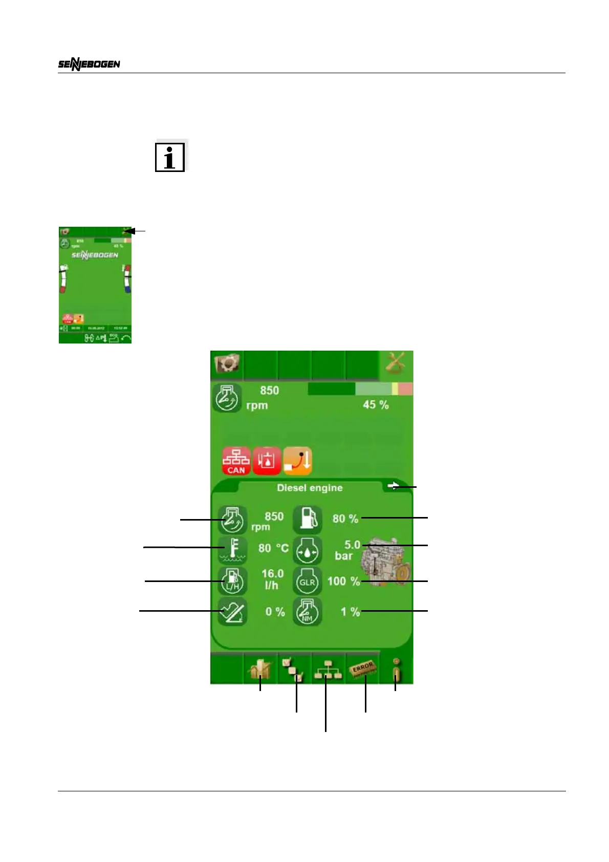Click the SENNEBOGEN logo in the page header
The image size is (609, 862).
pos(89,64)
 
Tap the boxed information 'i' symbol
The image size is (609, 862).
pos(170,157)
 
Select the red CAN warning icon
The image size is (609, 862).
pos(236,461)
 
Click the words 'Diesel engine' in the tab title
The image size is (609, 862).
pos(310,488)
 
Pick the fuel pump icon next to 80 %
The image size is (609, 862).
pos(307,520)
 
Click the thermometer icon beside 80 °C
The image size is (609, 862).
pos(233,550)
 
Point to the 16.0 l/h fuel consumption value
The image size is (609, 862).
pos(272,579)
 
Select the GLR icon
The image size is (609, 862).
pos(307,581)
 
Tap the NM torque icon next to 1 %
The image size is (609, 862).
pos(307,612)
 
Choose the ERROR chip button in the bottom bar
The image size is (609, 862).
pos(363,669)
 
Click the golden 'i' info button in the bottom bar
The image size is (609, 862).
pos(396,670)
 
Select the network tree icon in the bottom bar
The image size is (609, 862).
pos(328,670)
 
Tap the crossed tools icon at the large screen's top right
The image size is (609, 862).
pos(396,364)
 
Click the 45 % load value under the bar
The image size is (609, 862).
pos(376,405)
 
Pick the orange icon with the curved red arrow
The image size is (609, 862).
pos(298,461)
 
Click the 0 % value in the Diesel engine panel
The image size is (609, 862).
pos(275,612)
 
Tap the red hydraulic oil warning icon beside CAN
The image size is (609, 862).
pos(267,461)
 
